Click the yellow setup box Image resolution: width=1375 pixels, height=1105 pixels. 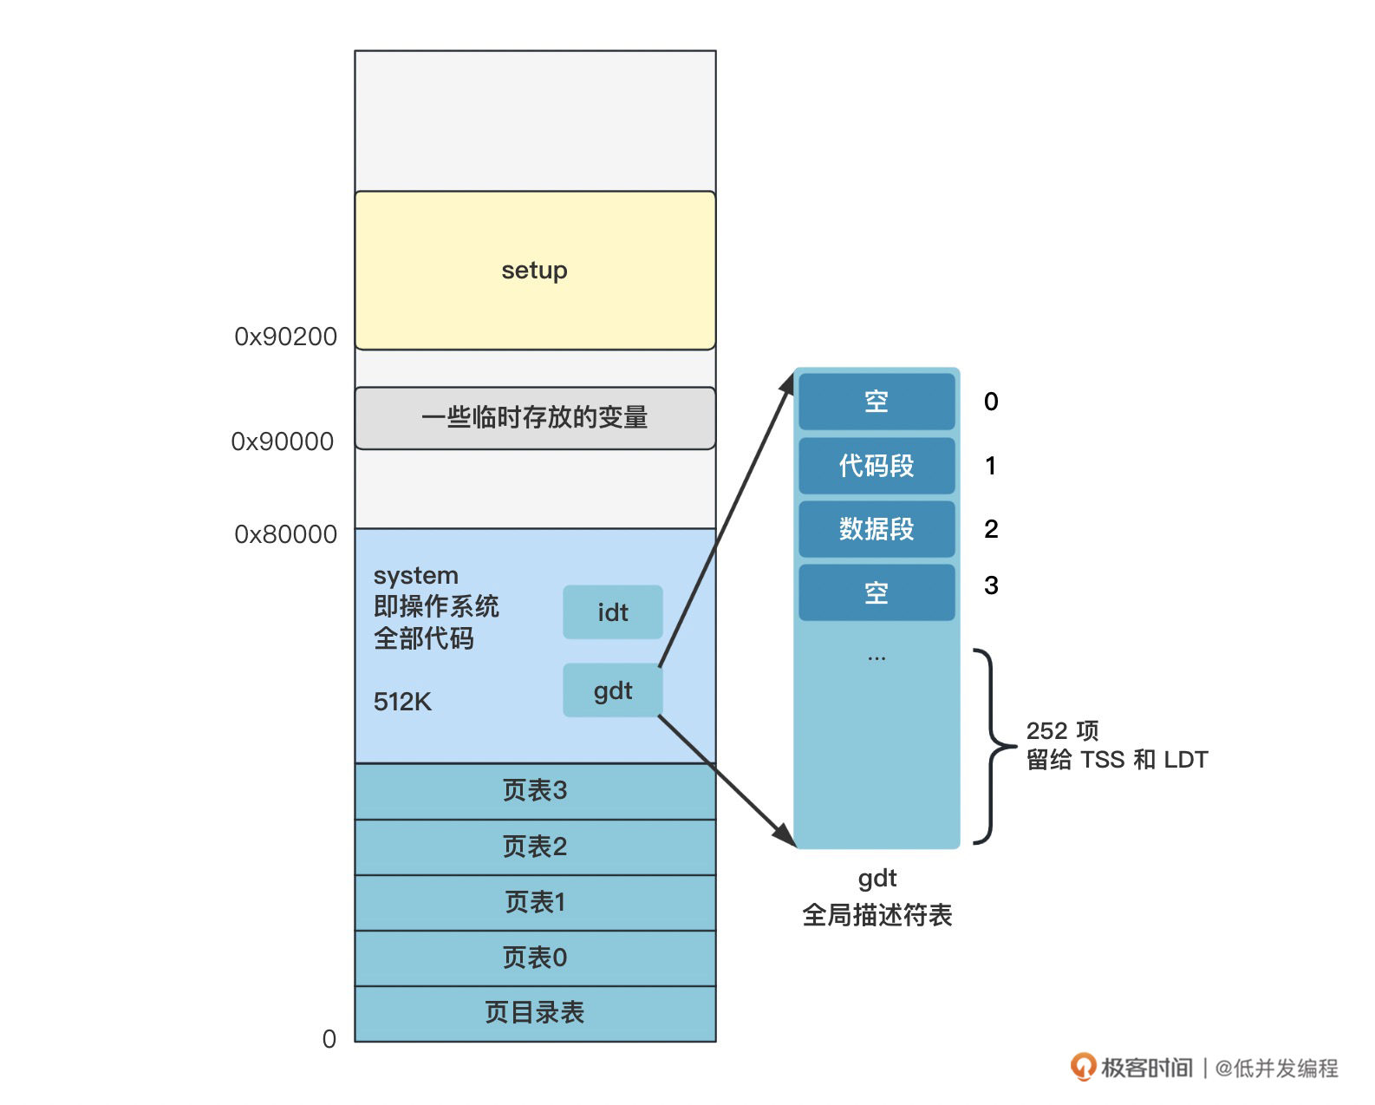535,271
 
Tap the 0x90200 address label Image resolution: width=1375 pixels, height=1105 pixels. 285,337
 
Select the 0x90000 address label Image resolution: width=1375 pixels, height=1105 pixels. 282,441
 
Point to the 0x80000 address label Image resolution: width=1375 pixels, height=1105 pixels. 285,534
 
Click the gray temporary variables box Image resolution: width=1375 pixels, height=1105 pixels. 535,418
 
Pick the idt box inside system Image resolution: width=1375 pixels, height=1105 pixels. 613,612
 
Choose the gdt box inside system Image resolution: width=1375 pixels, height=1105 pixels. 613,690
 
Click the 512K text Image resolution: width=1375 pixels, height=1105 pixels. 402,702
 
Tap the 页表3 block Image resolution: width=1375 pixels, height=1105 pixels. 535,791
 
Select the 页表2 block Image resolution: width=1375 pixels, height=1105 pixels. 535,847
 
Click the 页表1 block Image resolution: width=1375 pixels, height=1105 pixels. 535,902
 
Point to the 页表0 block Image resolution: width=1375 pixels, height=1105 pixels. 535,958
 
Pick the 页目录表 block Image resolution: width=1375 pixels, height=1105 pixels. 535,1013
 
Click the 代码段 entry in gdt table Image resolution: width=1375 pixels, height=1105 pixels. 876,466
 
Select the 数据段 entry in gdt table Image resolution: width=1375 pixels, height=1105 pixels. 876,529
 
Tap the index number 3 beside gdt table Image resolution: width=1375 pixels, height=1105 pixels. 991,586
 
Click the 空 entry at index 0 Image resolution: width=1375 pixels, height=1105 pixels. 876,402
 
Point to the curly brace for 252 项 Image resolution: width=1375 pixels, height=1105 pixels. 992,746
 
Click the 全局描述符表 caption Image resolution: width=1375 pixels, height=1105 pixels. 877,915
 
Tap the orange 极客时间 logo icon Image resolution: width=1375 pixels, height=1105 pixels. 1083,1067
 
